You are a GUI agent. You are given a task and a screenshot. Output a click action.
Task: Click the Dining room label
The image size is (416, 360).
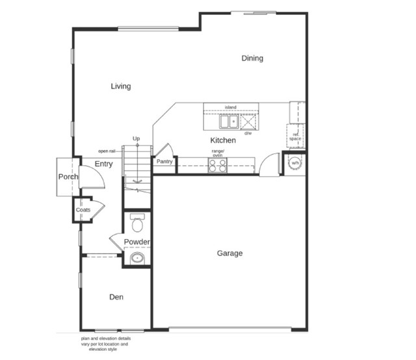point(252,58)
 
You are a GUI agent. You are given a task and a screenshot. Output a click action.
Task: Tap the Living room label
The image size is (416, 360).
point(120,86)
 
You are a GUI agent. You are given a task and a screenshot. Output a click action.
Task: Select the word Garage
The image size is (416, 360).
point(229,253)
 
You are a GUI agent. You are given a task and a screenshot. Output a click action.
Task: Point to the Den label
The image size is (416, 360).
point(116,297)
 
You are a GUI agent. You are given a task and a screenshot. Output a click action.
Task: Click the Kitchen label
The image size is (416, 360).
point(222,140)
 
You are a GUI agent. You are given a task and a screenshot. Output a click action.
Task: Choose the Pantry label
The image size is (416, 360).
point(164,162)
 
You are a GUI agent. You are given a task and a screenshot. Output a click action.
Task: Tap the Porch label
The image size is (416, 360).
point(68,177)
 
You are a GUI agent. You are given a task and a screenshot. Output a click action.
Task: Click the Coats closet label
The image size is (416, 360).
point(83,210)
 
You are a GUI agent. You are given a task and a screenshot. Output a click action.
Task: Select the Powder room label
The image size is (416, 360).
point(137,242)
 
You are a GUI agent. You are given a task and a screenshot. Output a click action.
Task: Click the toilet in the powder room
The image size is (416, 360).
point(136,223)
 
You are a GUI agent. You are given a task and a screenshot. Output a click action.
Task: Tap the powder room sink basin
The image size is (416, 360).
point(136,259)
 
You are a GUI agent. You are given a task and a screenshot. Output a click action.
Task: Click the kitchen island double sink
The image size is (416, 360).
point(228,122)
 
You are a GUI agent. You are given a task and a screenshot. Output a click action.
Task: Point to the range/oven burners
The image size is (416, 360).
point(218,166)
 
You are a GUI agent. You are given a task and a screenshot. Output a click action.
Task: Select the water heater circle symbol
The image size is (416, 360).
point(295,163)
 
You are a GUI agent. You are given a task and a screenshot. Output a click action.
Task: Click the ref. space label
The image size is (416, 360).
point(295,137)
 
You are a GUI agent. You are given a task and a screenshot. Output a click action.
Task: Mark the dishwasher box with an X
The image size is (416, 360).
point(248,122)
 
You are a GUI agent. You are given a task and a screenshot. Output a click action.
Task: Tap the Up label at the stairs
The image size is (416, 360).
point(136,138)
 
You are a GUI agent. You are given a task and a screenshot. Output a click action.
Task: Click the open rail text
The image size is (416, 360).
point(107,151)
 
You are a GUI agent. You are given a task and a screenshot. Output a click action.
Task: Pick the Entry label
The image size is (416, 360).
point(103,164)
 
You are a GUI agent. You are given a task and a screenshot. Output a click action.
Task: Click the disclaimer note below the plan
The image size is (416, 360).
point(106,344)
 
